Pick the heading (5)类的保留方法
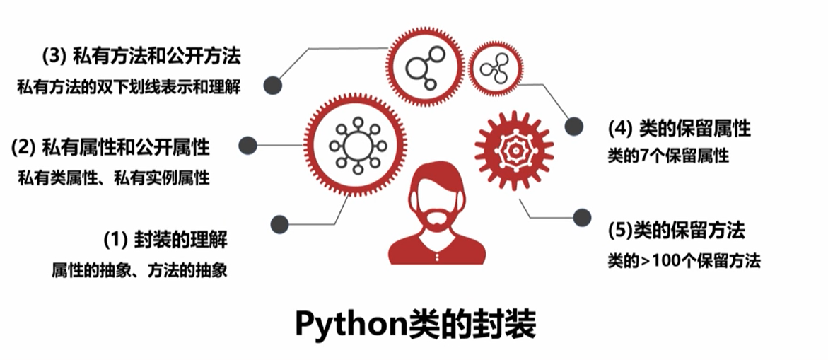(676, 231)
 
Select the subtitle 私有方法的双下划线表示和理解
(129, 88)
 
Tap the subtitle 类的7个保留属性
(667, 156)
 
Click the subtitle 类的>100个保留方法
(683, 261)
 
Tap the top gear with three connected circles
(424, 64)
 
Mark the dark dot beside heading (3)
(273, 86)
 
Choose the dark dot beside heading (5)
(582, 218)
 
